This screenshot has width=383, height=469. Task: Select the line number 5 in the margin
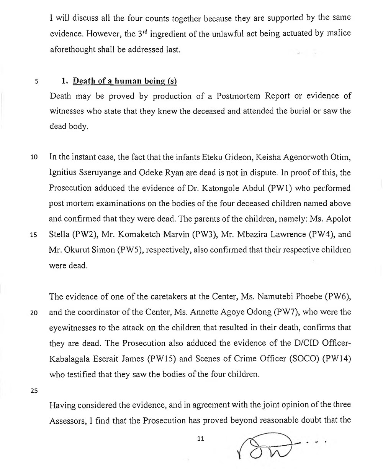[x=37, y=82]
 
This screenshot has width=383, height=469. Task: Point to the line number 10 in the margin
[x=34, y=157]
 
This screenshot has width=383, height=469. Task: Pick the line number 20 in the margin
[x=34, y=313]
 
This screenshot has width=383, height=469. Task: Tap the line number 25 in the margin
[x=34, y=391]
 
